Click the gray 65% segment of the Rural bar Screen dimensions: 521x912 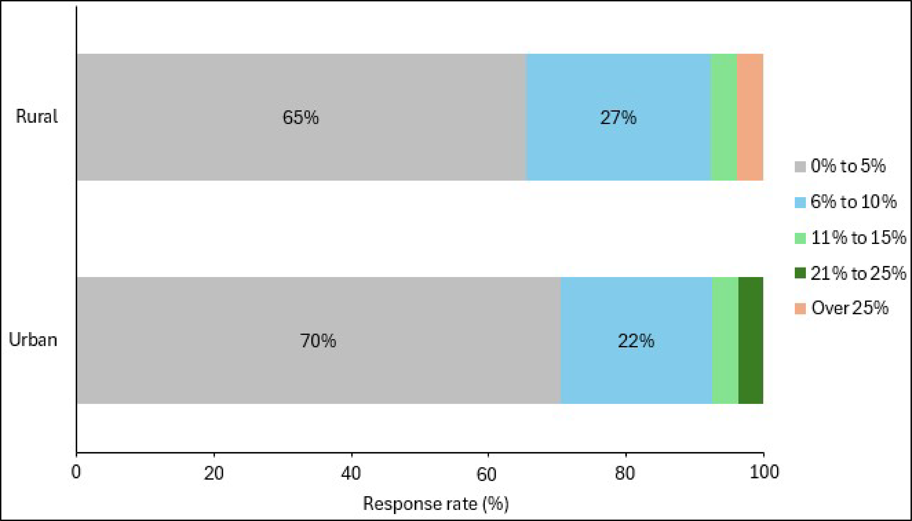click(x=301, y=117)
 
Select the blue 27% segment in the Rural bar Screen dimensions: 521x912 click(x=618, y=117)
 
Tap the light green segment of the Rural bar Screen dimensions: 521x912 click(x=723, y=117)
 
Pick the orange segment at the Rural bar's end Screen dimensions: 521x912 click(x=750, y=117)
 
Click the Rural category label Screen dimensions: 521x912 click(x=36, y=117)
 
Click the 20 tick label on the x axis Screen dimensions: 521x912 click(x=214, y=473)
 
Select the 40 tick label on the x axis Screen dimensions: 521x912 click(x=351, y=473)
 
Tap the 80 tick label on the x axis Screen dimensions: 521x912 click(x=625, y=473)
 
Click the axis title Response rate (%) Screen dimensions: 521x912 click(x=436, y=504)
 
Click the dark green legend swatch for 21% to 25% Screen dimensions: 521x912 click(x=800, y=273)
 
